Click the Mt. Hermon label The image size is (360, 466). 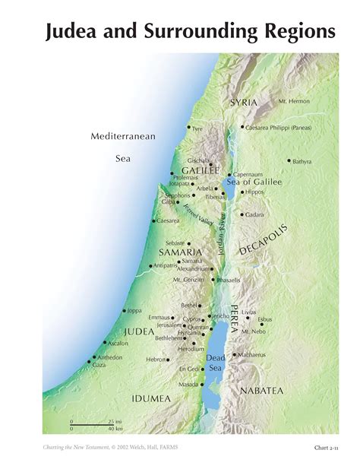pos(294,101)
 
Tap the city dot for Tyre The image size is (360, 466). pos(189,127)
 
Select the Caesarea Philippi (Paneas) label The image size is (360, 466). pos(277,128)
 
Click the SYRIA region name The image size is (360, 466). pos(244,102)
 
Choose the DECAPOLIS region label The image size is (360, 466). pos(264,239)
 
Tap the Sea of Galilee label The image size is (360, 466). pos(254,182)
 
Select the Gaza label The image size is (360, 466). pos(99,365)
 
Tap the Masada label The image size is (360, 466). pos(189,384)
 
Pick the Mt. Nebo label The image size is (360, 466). pos(253,331)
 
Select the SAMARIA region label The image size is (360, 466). pos(180,251)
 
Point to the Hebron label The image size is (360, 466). pos(156,359)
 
